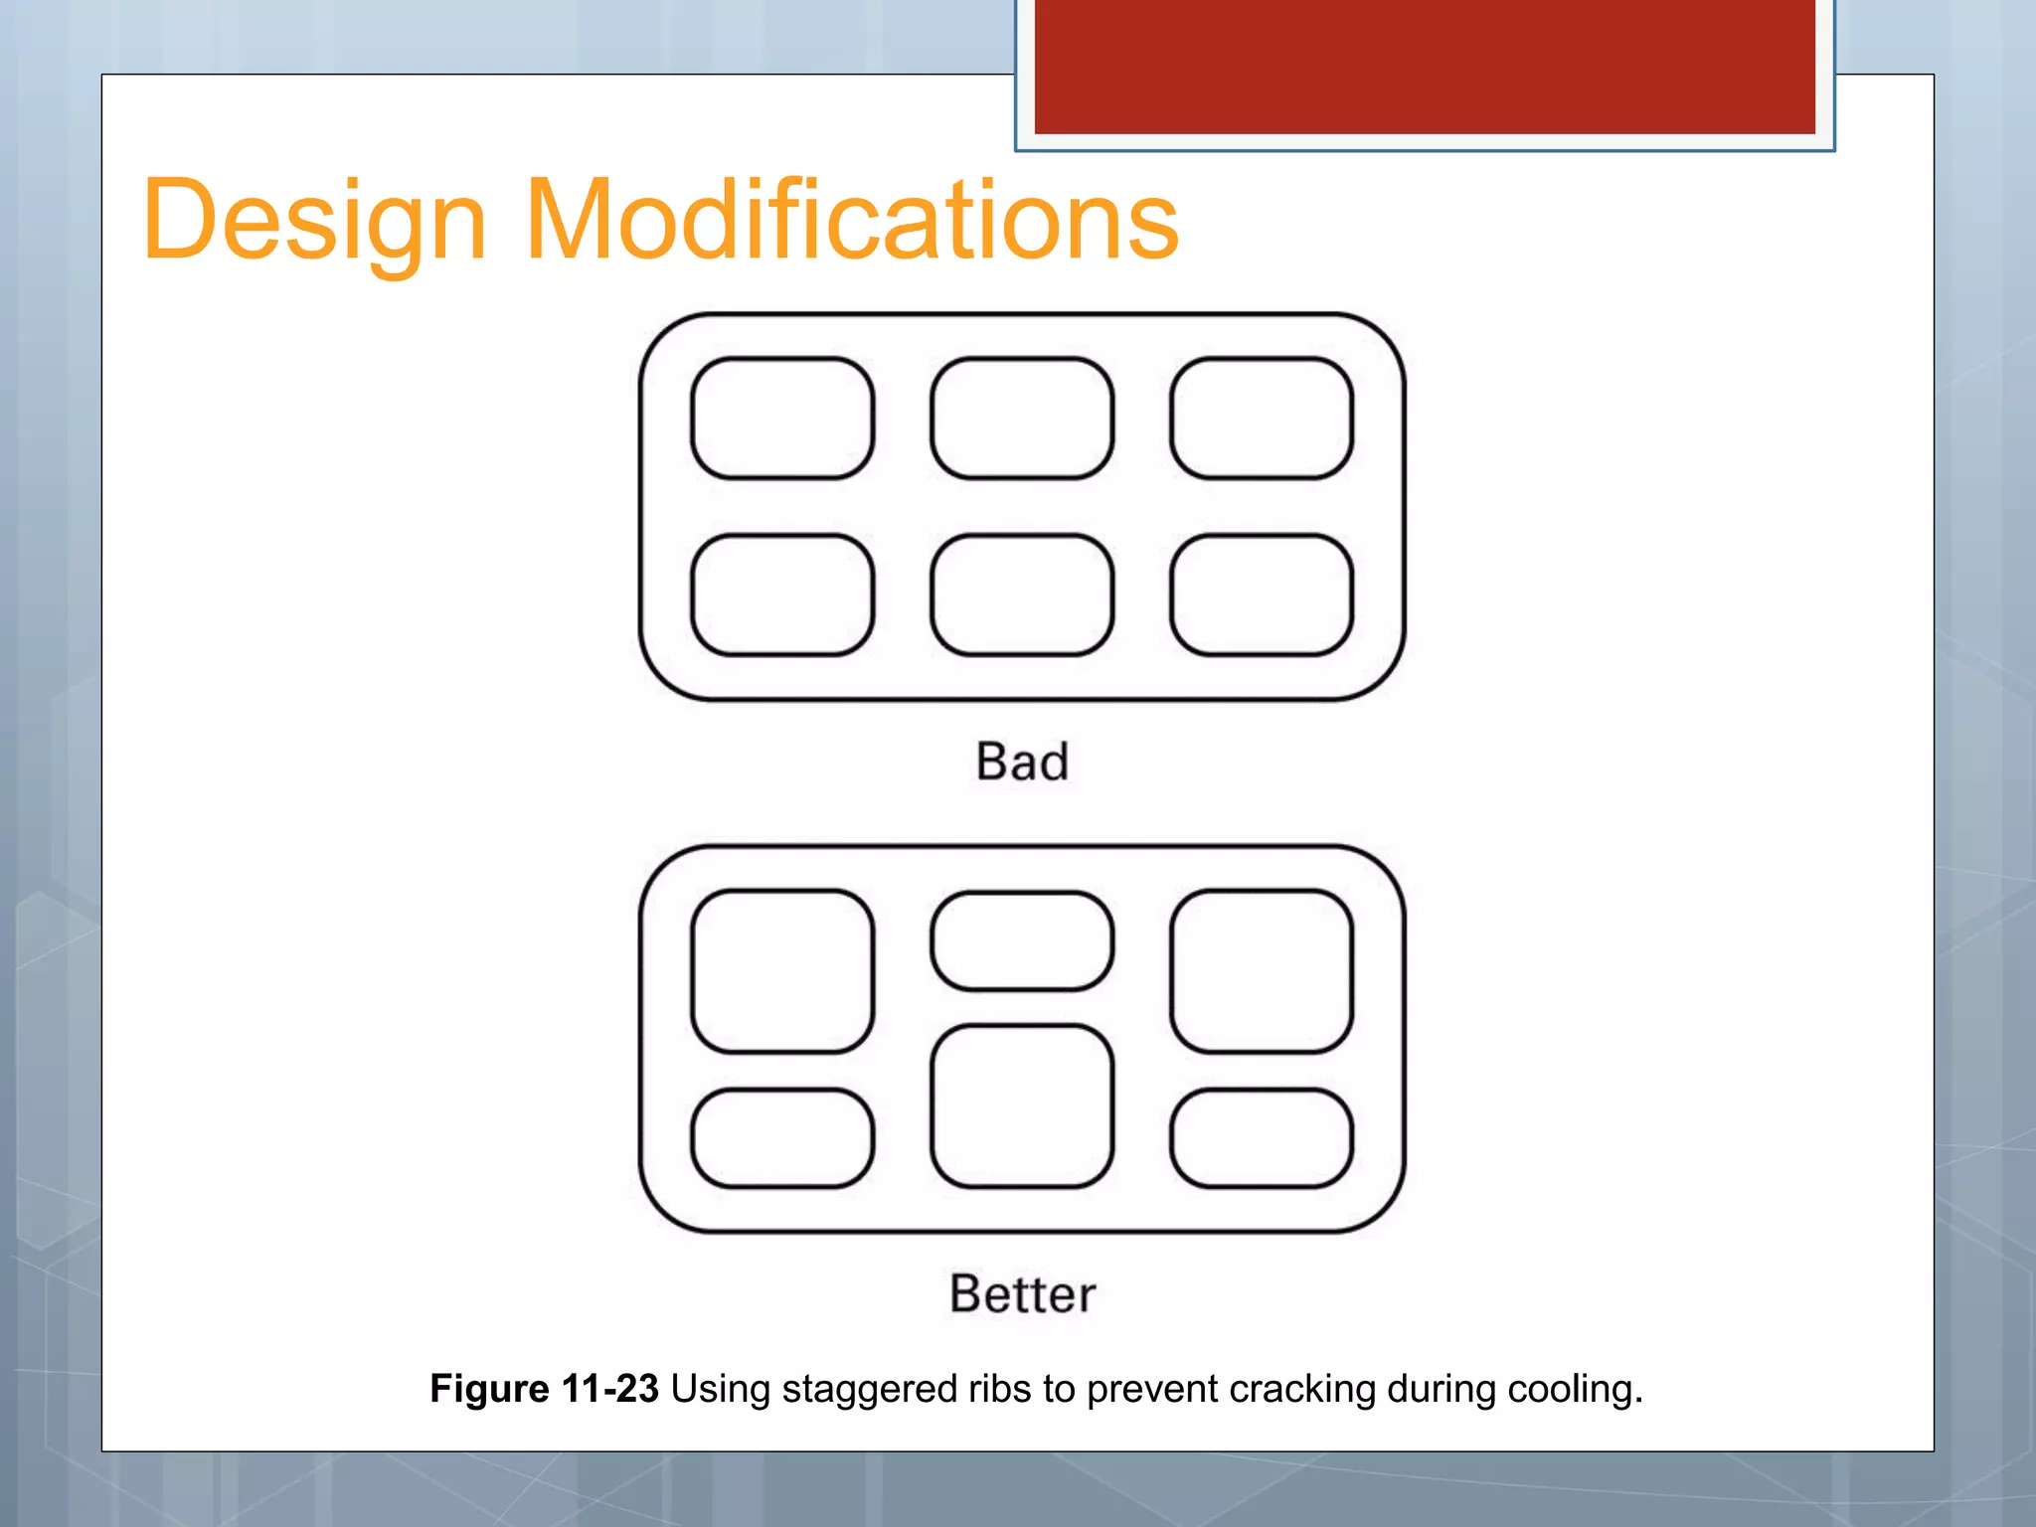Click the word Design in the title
pos(314,221)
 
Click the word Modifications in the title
pos(851,221)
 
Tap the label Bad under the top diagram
pos(1022,763)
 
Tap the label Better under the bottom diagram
pos(1022,1294)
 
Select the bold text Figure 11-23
pos(544,1389)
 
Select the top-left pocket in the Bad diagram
pos(782,419)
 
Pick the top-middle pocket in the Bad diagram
pos(1022,419)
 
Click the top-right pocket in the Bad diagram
pos(1262,419)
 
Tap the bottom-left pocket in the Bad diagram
pos(782,595)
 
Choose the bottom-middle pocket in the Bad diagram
pos(1022,595)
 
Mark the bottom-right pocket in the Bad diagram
pos(1262,595)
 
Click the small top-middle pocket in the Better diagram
pos(1022,940)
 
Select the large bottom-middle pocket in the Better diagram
pos(1022,1106)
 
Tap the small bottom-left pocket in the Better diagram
pos(782,1138)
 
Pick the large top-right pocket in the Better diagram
pos(1262,971)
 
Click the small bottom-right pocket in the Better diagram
pos(1262,1138)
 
